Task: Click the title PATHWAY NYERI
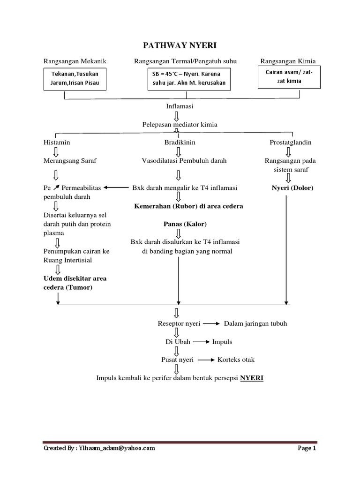(x=180, y=45)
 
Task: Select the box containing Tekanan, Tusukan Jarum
(x=75, y=79)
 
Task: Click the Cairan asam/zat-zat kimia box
(x=289, y=77)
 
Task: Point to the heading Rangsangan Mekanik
(x=75, y=61)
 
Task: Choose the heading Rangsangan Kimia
(x=288, y=61)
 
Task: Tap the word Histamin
(x=57, y=142)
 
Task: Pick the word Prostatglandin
(x=291, y=142)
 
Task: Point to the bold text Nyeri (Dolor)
(x=292, y=188)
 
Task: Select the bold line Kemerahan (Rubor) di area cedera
(x=188, y=206)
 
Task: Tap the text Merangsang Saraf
(x=69, y=160)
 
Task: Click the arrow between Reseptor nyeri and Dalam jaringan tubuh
(x=211, y=324)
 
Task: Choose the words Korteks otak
(x=236, y=360)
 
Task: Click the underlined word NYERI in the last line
(x=252, y=378)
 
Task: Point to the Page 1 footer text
(x=307, y=448)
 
